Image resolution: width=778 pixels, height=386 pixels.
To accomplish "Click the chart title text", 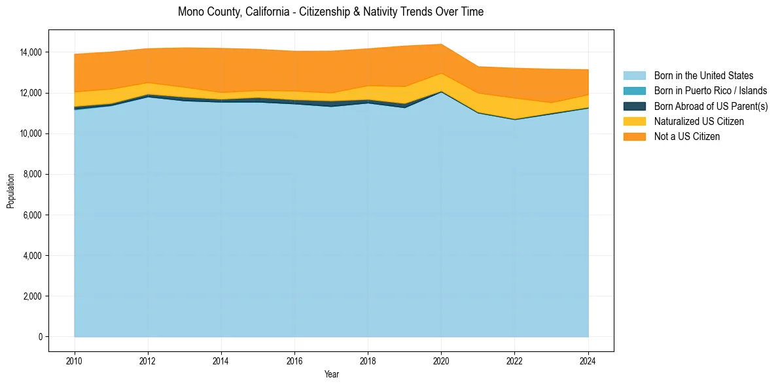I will (x=330, y=12).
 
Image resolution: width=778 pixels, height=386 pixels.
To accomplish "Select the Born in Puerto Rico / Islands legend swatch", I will (x=634, y=91).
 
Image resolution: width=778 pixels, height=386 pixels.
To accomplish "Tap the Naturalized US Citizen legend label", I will (x=699, y=121).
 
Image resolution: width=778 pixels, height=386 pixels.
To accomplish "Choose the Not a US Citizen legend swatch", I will (x=634, y=136).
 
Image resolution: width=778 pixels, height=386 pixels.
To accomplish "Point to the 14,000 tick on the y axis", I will (x=31, y=52).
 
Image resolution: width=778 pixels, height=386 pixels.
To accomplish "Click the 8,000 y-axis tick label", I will (x=33, y=175).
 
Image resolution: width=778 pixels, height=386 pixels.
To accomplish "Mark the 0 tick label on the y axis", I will (x=40, y=337).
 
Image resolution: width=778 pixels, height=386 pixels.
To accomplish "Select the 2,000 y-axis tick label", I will (x=33, y=296).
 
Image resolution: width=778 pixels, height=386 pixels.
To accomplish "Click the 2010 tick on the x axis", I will (x=75, y=360).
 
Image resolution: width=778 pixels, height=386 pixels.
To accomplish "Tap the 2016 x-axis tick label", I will (x=294, y=360).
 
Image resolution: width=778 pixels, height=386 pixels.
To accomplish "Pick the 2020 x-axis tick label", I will (x=441, y=360).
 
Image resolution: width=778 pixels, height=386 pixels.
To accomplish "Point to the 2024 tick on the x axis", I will (x=588, y=360).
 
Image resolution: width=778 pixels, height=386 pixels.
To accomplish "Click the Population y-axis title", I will (x=10, y=191).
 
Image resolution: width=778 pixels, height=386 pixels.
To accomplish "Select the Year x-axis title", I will (x=332, y=374).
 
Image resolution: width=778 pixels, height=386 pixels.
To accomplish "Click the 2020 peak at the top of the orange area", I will (x=441, y=44).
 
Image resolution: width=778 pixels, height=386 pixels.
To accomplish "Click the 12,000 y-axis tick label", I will (x=31, y=93).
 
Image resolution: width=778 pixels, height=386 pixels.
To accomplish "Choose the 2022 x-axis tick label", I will (x=515, y=360).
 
